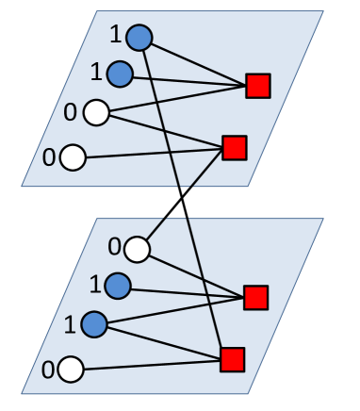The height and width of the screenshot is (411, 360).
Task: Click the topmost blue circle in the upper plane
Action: (139, 38)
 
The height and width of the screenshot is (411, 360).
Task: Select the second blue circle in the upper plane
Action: (120, 73)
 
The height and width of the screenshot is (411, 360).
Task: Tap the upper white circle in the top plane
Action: (95, 114)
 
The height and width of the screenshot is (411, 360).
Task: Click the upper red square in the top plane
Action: (257, 87)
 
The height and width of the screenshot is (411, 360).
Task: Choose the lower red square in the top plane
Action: (234, 148)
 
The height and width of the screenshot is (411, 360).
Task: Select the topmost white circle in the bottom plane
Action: (138, 249)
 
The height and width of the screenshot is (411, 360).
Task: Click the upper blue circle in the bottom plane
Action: (119, 284)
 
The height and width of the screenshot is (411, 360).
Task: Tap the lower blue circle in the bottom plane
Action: (95, 325)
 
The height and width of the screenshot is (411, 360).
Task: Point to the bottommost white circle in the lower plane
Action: (72, 368)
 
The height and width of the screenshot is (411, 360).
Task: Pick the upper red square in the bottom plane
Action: (256, 298)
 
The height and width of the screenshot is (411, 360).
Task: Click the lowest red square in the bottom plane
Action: (233, 359)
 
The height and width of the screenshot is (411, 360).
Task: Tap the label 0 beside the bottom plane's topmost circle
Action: (114, 248)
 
